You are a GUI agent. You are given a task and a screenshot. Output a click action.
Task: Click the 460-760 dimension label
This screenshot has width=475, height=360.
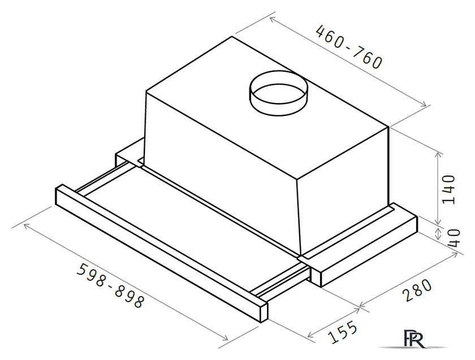click(349, 47)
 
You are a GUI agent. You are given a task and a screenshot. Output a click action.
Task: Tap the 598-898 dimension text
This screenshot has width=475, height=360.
click(110, 285)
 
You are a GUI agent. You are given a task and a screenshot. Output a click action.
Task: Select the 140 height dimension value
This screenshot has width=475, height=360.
click(448, 190)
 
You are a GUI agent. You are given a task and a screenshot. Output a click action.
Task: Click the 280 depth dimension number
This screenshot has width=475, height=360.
click(417, 290)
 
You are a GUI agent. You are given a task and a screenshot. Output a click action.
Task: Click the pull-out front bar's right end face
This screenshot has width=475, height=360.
click(264, 312)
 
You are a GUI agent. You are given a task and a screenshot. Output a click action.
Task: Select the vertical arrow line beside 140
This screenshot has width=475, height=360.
click(438, 188)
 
